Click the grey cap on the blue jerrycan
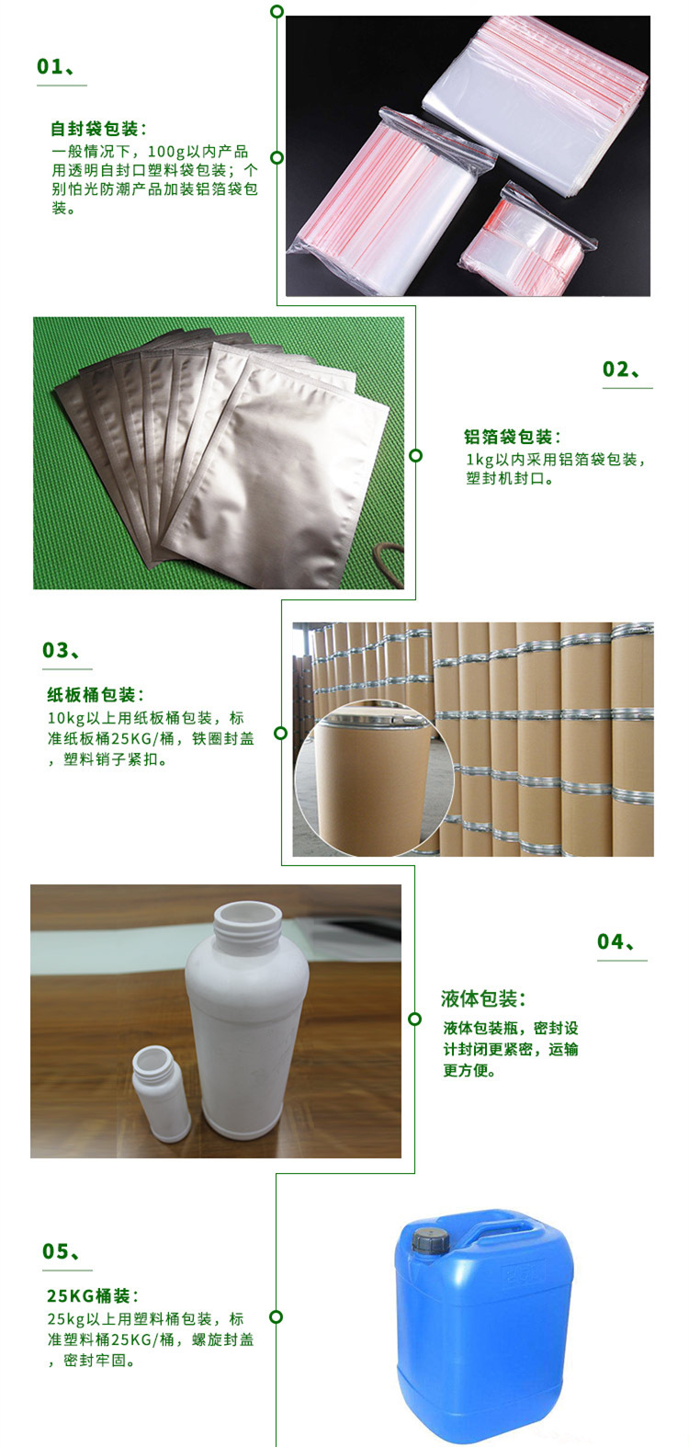pyautogui.click(x=431, y=1237)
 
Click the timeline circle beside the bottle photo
pyautogui.click(x=414, y=1019)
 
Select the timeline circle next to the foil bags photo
pyautogui.click(x=416, y=455)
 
